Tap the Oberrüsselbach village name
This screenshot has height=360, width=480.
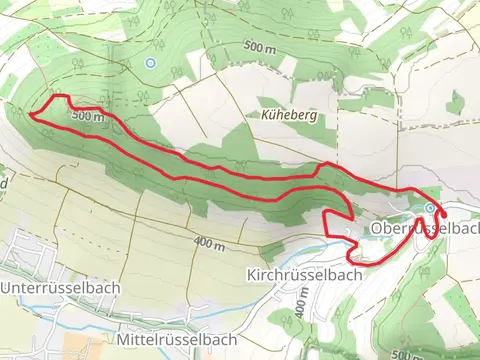point(424,229)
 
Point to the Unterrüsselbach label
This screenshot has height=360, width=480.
point(61,287)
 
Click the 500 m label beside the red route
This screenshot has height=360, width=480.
point(88,117)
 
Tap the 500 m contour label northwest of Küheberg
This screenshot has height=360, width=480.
point(259,47)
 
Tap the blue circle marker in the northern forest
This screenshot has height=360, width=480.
point(150,62)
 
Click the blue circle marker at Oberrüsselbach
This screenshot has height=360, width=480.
point(430,208)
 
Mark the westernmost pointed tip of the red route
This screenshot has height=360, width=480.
point(33,115)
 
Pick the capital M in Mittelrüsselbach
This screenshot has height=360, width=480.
point(123,341)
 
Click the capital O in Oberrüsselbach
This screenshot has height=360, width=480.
point(376,229)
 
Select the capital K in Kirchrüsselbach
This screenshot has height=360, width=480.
point(250,273)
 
